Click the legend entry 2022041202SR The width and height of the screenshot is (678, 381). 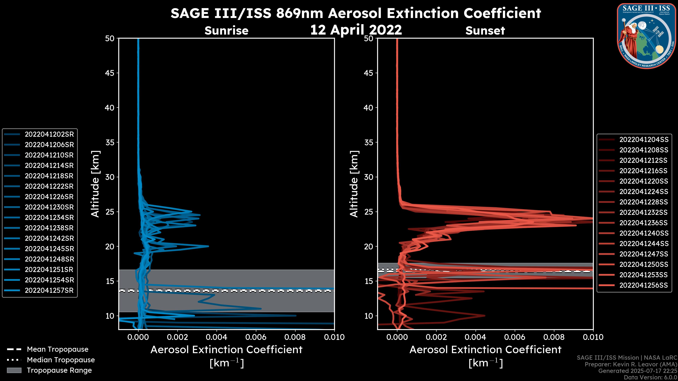pyautogui.click(x=49, y=134)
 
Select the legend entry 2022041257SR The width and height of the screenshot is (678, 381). pyautogui.click(x=49, y=291)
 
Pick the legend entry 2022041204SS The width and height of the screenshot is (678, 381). pyautogui.click(x=644, y=140)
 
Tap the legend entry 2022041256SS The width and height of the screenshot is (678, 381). pyautogui.click(x=644, y=285)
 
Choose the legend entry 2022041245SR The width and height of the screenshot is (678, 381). pyautogui.click(x=49, y=249)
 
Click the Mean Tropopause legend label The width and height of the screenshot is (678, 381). pyautogui.click(x=58, y=349)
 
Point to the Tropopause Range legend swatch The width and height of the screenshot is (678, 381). pyautogui.click(x=14, y=370)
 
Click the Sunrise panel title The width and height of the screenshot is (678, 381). pyautogui.click(x=226, y=31)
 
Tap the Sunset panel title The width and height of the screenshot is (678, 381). pyautogui.click(x=485, y=31)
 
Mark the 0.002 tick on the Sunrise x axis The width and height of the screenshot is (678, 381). pyautogui.click(x=178, y=337)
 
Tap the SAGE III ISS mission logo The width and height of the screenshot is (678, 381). pyautogui.click(x=646, y=36)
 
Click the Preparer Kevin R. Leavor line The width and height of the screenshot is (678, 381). pyautogui.click(x=631, y=364)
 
